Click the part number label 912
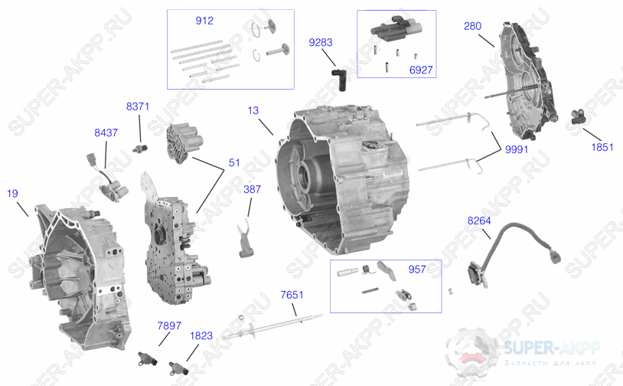pyautogui.click(x=204, y=21)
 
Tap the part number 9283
pyautogui.click(x=321, y=42)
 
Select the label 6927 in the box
pyautogui.click(x=421, y=70)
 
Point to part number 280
pyautogui.click(x=472, y=26)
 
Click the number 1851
pyautogui.click(x=602, y=147)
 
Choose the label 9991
pyautogui.click(x=517, y=149)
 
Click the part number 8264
pyautogui.click(x=479, y=221)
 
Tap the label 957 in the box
pyautogui.click(x=417, y=270)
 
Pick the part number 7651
pyautogui.click(x=292, y=295)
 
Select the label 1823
pyautogui.click(x=201, y=336)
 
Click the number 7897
pyautogui.click(x=169, y=326)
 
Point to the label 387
pyautogui.click(x=253, y=189)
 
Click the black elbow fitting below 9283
pyautogui.click(x=339, y=80)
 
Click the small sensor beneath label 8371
pyautogui.click(x=140, y=149)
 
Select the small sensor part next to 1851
pyautogui.click(x=578, y=117)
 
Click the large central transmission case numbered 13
pyautogui.click(x=342, y=179)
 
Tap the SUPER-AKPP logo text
pyautogui.click(x=553, y=348)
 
